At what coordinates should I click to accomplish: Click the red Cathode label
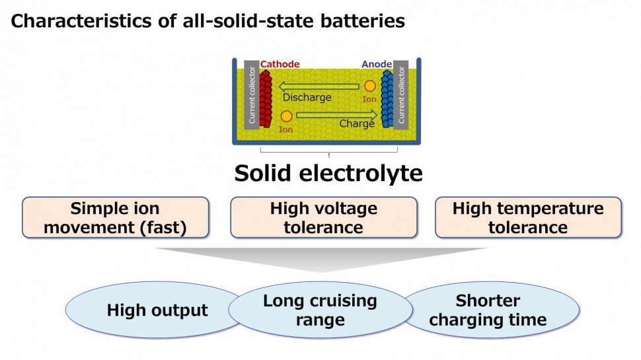click(280, 64)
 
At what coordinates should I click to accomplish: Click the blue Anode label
click(376, 64)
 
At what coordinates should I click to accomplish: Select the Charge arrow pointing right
click(337, 115)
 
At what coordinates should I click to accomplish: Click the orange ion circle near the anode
click(369, 86)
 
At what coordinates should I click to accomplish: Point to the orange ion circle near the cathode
click(286, 116)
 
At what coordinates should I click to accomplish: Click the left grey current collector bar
click(251, 95)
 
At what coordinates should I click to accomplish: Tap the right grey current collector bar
click(400, 95)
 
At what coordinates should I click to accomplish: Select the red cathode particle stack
click(266, 98)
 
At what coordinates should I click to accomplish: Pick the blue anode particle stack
click(386, 98)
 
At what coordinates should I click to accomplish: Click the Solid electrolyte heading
click(328, 173)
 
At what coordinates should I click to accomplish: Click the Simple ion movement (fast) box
click(115, 218)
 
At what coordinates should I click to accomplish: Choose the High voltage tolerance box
click(323, 218)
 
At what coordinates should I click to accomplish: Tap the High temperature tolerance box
click(528, 218)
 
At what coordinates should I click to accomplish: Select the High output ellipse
click(157, 310)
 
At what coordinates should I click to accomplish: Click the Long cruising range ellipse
click(320, 310)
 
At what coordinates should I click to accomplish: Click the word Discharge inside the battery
click(307, 98)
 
